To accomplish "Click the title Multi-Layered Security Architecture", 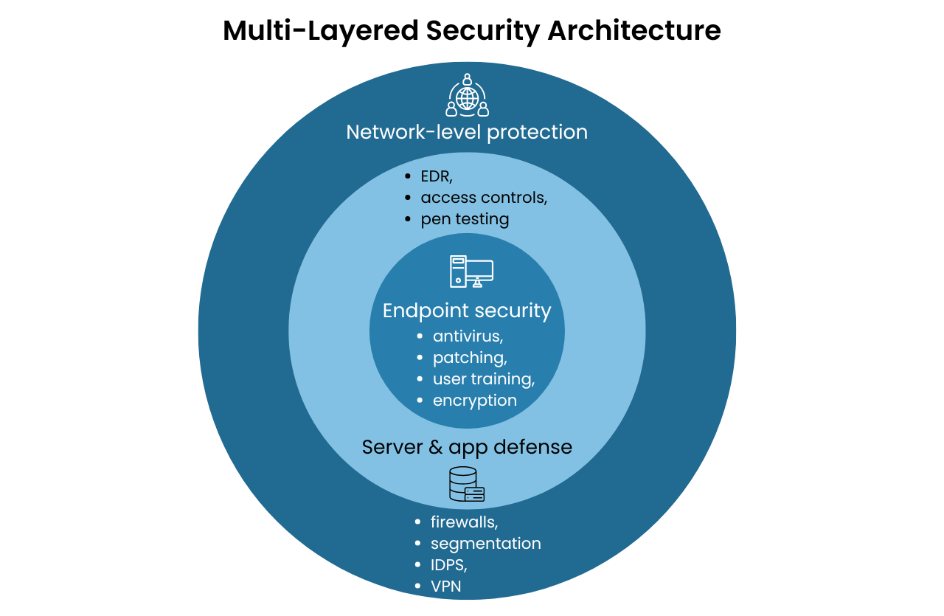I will click(471, 31).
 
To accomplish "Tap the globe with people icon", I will click(467, 95).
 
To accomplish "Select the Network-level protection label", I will click(467, 132).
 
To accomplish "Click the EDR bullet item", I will click(436, 176).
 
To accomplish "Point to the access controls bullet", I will click(483, 198).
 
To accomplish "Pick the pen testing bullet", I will click(465, 219).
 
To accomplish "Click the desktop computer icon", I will click(471, 271).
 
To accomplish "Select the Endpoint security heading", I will click(467, 311).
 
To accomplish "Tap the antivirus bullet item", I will click(468, 336).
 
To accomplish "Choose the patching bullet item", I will click(470, 358).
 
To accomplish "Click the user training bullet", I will click(483, 379).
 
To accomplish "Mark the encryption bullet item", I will click(474, 401).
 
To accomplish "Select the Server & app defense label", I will click(467, 447).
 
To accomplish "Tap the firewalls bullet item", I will click(464, 522).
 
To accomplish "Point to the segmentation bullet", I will click(485, 544).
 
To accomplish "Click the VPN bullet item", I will click(446, 587).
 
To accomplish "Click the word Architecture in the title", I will click(634, 31).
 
